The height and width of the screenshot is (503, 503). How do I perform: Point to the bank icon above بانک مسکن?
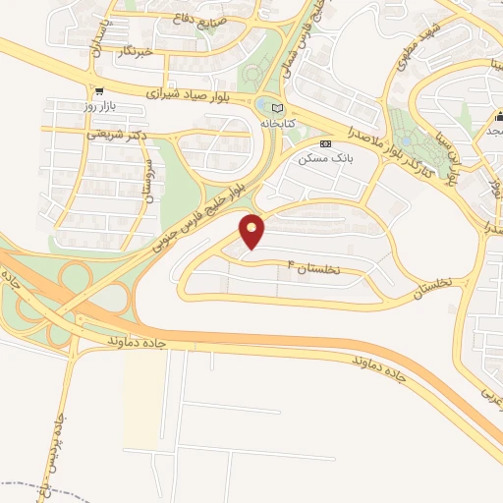coord(326,143)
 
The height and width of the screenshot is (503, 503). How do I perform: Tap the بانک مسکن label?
coord(326,158)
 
